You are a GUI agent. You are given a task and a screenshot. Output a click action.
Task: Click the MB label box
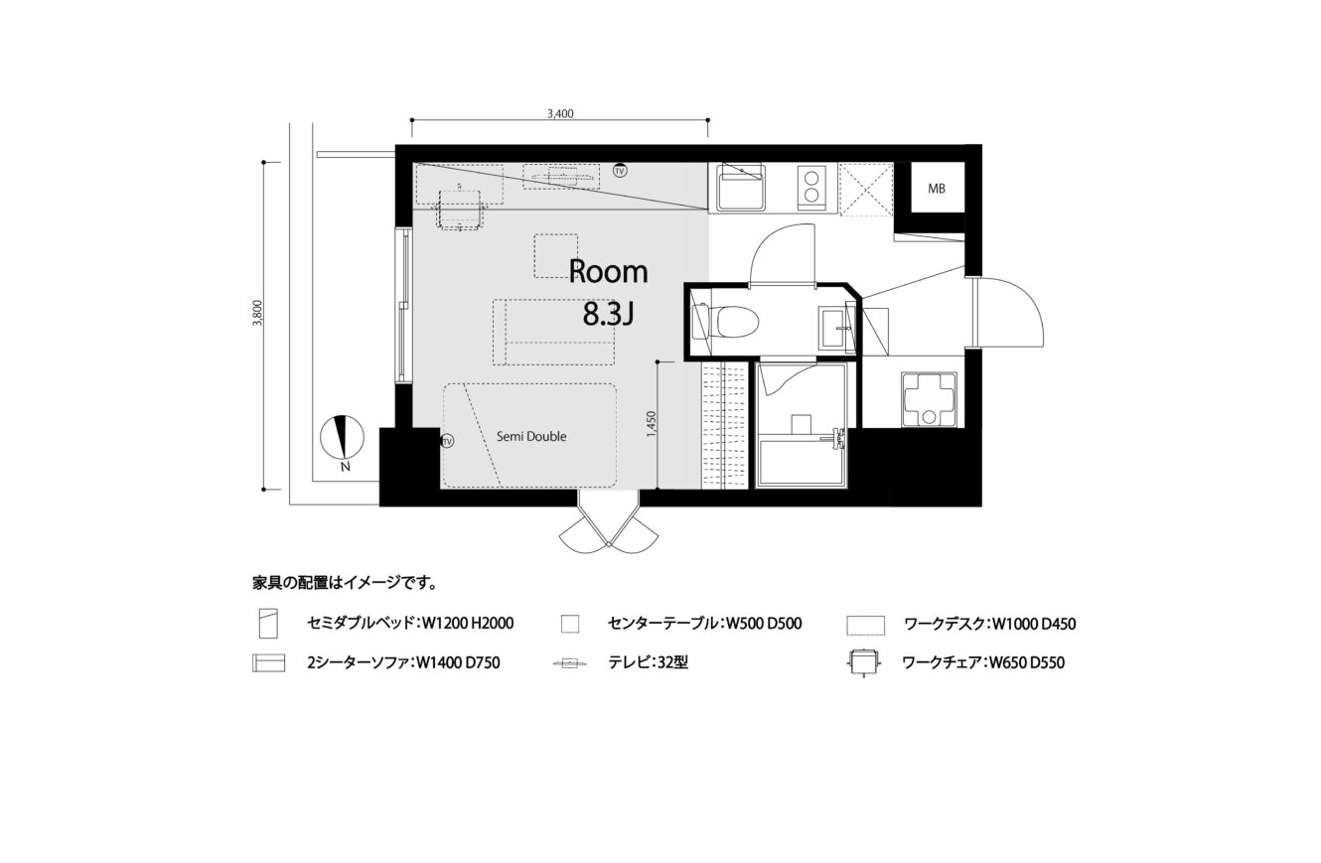click(x=936, y=188)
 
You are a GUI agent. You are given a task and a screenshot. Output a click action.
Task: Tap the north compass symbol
click(x=342, y=437)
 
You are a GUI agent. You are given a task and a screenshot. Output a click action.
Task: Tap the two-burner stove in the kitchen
click(x=811, y=187)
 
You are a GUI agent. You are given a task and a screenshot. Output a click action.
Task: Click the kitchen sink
click(x=741, y=188)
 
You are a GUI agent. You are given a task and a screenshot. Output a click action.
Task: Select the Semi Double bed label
click(x=531, y=436)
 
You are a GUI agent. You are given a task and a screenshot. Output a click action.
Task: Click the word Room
click(x=608, y=272)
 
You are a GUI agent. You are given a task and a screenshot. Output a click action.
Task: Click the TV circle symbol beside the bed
click(x=448, y=441)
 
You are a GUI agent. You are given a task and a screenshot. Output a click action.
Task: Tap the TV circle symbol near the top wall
click(x=619, y=171)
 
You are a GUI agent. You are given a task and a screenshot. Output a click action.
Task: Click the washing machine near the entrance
click(x=929, y=399)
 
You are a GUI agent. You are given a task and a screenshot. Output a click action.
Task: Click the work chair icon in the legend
click(x=864, y=663)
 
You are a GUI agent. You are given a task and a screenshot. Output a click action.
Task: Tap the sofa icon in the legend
click(x=269, y=663)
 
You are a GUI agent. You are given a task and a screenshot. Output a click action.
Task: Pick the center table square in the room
click(x=555, y=255)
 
